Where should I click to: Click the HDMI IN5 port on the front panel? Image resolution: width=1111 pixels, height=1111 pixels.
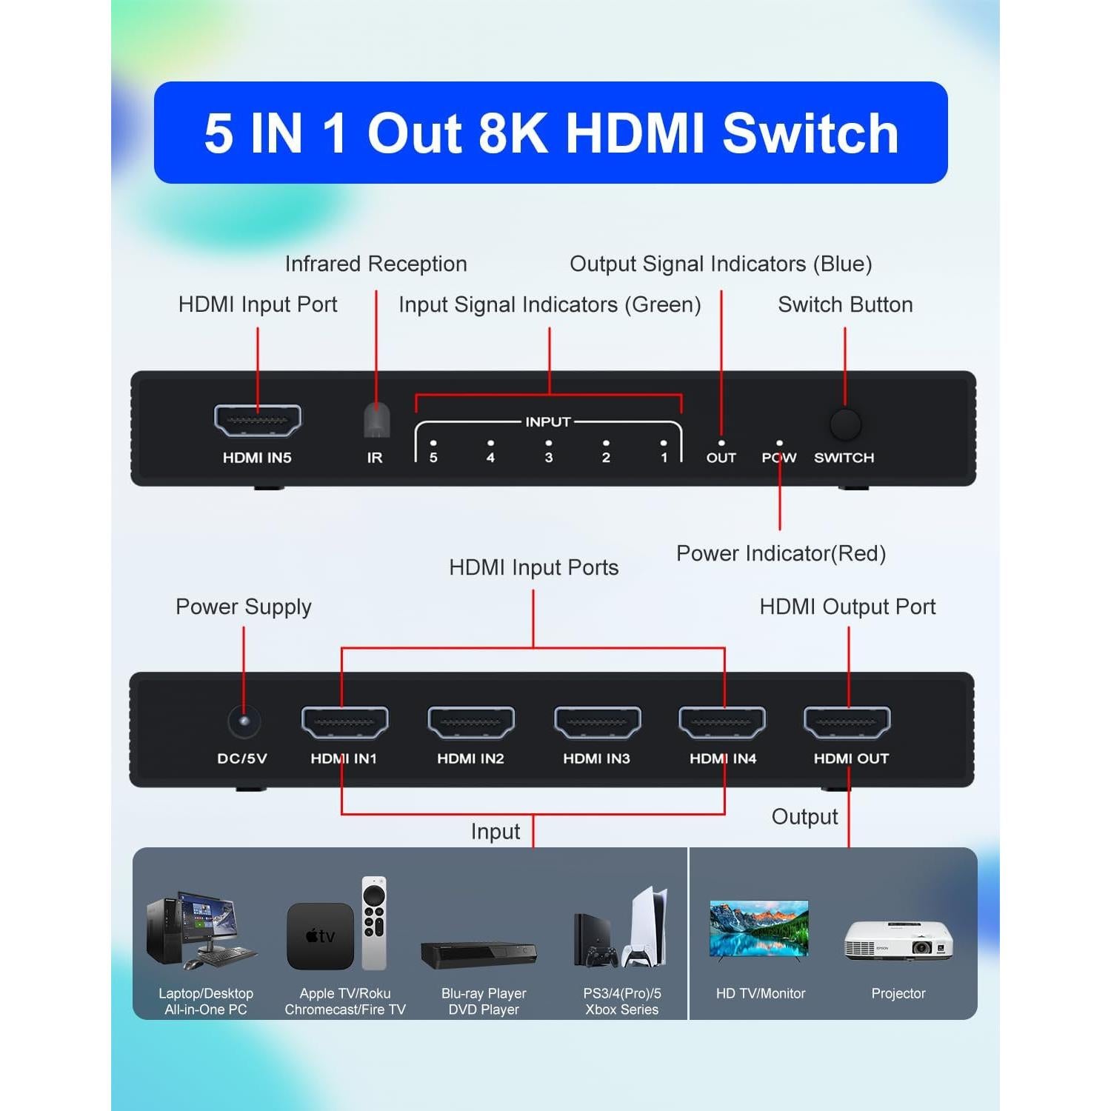tap(257, 421)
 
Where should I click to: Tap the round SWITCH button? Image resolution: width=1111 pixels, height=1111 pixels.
tap(845, 424)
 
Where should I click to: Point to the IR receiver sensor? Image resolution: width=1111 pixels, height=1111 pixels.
tap(376, 421)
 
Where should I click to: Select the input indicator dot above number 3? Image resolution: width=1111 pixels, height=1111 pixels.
tap(548, 443)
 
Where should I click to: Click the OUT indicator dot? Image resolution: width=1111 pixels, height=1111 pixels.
tap(721, 443)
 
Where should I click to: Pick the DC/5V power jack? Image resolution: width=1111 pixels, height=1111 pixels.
tap(244, 721)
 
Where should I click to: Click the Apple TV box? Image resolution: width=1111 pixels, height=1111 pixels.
tap(320, 936)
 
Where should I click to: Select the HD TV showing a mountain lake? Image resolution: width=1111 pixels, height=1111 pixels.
tap(759, 930)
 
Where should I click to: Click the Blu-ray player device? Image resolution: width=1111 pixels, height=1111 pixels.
tap(478, 954)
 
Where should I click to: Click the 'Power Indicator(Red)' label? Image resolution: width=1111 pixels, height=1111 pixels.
tap(781, 553)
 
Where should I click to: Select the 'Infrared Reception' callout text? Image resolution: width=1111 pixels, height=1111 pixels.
tap(376, 264)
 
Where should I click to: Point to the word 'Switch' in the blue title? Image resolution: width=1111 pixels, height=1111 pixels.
tap(810, 133)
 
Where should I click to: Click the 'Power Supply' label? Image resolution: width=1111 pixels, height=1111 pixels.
tap(243, 607)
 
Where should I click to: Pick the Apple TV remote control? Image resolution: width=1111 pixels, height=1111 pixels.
tap(374, 923)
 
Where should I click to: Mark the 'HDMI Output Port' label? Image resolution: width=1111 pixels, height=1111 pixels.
tap(847, 607)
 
